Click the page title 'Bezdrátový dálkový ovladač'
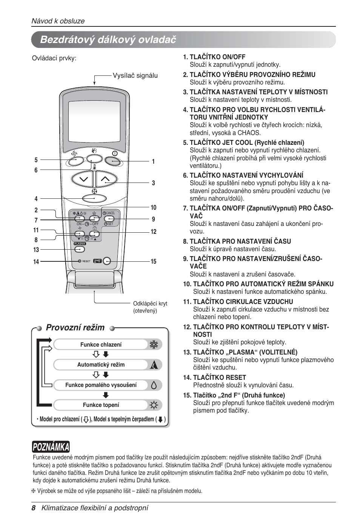(x=108, y=40)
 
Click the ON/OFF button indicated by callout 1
(x=113, y=161)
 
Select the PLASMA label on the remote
(x=80, y=244)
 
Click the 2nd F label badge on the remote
(x=97, y=261)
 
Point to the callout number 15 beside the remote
(x=153, y=261)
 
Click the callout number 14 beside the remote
(x=36, y=261)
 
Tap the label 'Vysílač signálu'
(x=135, y=75)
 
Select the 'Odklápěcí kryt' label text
(x=150, y=304)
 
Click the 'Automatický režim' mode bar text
(x=101, y=365)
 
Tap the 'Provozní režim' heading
(x=75, y=327)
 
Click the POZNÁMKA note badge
(x=51, y=447)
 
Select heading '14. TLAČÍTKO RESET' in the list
(x=214, y=378)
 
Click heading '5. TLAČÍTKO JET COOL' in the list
(x=243, y=143)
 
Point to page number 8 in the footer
(x=34, y=508)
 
